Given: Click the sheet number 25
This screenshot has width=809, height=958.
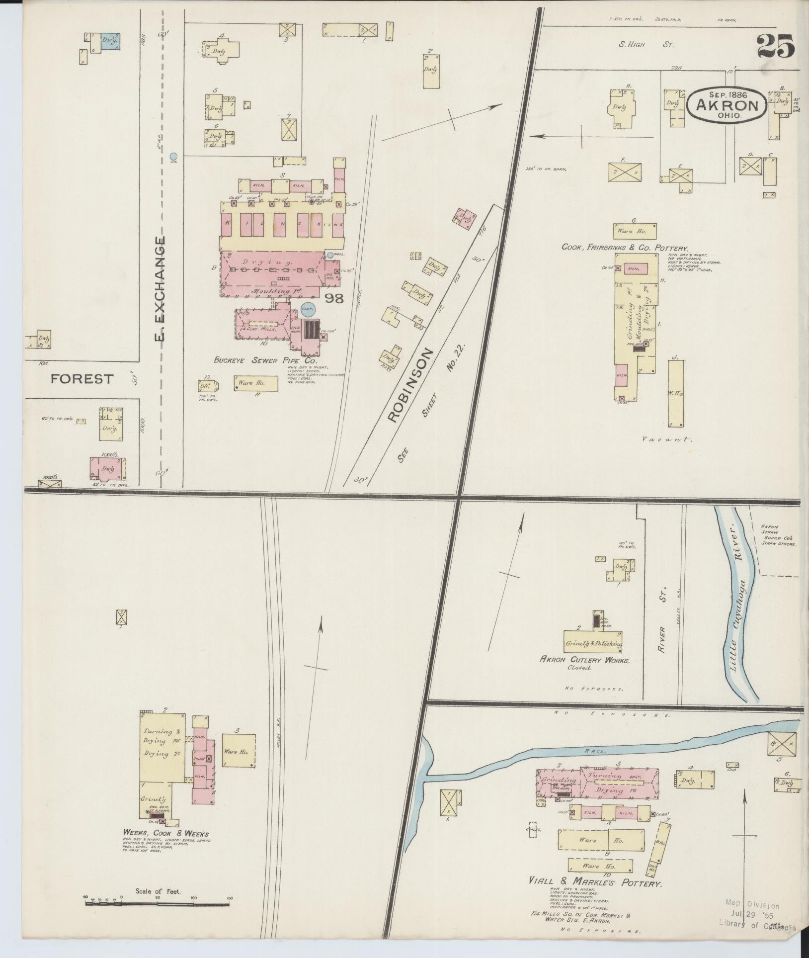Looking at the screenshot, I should [x=776, y=47].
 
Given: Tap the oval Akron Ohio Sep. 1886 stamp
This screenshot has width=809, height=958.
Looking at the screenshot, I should [x=727, y=104].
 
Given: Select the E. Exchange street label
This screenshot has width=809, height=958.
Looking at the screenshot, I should [x=160, y=289].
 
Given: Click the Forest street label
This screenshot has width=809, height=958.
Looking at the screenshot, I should [x=82, y=379].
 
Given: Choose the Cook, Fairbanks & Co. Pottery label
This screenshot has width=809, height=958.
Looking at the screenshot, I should [x=625, y=247].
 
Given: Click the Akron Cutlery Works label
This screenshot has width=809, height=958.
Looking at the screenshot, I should [x=584, y=660].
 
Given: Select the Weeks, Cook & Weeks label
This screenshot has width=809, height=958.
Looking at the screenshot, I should [x=166, y=833].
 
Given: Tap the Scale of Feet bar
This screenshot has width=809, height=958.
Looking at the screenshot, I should [x=158, y=902].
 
